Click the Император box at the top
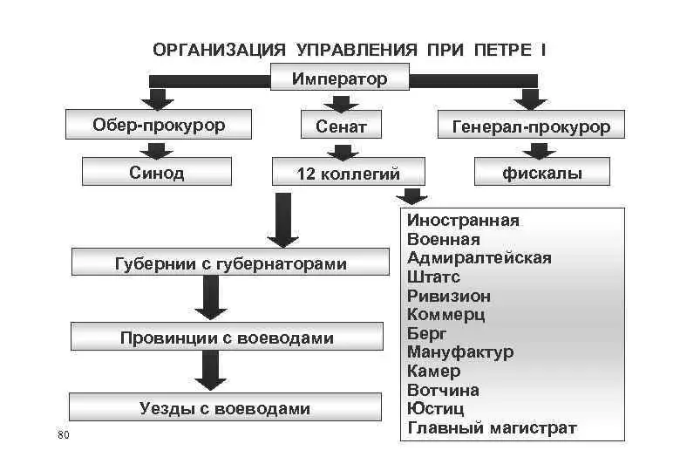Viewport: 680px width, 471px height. pyautogui.click(x=339, y=79)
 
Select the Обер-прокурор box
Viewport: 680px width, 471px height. pyautogui.click(x=159, y=126)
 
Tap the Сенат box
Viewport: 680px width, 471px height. pyautogui.click(x=341, y=126)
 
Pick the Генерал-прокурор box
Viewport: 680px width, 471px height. pyautogui.click(x=530, y=126)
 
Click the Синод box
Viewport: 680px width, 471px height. pyautogui.click(x=157, y=173)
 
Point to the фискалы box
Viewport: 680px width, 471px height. pyautogui.click(x=541, y=173)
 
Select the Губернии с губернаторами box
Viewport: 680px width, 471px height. pyautogui.click(x=230, y=263)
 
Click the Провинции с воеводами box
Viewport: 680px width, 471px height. pyautogui.click(x=227, y=338)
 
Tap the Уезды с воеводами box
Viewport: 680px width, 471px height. pyautogui.click(x=225, y=408)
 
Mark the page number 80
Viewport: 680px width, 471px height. pyautogui.click(x=62, y=435)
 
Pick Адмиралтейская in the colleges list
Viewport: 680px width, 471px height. pyautogui.click(x=479, y=258)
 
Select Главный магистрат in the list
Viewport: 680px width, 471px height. pyautogui.click(x=492, y=428)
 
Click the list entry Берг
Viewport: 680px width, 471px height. pyautogui.click(x=426, y=333)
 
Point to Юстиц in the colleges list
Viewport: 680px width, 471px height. pyautogui.click(x=435, y=409)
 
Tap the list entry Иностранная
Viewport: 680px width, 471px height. pyautogui.click(x=463, y=220)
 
